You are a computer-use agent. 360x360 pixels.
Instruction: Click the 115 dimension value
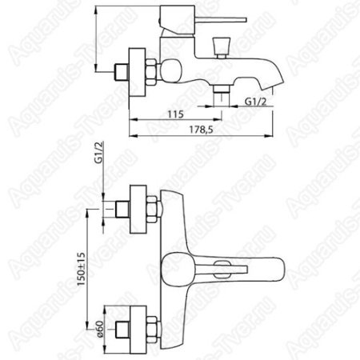point(176,114)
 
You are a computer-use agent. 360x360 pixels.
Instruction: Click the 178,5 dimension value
point(202,130)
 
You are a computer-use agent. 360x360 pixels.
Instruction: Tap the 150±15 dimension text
point(81,269)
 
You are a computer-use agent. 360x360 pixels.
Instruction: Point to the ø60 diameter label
point(99,330)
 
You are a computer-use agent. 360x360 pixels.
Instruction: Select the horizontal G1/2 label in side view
point(256,102)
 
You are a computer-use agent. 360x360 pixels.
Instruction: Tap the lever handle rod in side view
point(221,20)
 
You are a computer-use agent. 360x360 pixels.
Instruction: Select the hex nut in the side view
point(150,72)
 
